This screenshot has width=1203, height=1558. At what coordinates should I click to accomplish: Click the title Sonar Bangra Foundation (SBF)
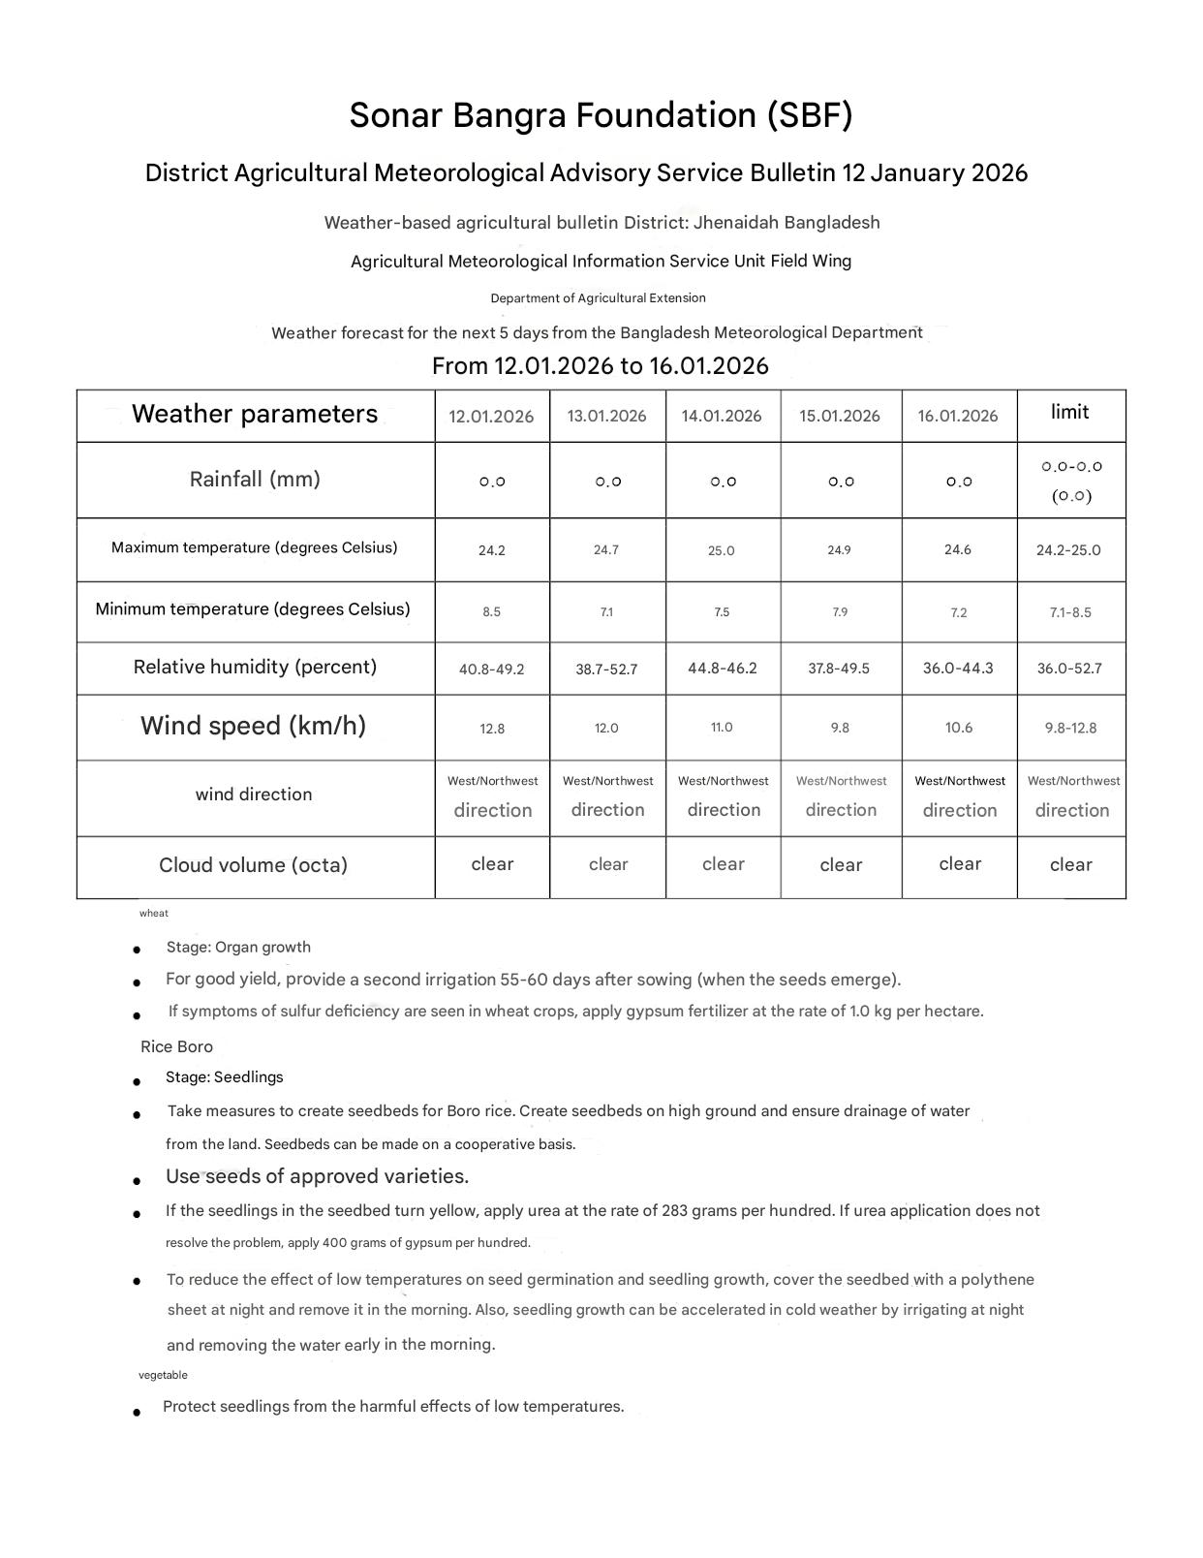(601, 115)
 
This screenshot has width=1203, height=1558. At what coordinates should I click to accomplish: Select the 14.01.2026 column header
(722, 416)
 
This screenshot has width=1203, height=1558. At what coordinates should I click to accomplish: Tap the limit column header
(1069, 412)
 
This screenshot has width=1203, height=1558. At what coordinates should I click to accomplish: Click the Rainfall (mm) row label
(255, 479)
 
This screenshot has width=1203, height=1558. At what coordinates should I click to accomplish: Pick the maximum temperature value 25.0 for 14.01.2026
(722, 550)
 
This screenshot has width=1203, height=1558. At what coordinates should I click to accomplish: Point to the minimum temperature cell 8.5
(492, 612)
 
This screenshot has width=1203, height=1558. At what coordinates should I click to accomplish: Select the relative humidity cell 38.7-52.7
(606, 669)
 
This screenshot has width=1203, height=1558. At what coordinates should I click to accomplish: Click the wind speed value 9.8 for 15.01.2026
(840, 728)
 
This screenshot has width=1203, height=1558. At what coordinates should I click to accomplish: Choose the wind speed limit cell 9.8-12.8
(1070, 728)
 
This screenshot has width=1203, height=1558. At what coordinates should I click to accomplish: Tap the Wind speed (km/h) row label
(254, 726)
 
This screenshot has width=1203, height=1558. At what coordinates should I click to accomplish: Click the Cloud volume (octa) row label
(253, 865)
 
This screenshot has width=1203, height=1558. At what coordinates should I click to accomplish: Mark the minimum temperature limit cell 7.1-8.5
(1070, 612)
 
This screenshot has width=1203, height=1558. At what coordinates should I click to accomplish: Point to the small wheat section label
(154, 913)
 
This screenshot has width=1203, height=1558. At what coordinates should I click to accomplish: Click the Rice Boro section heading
(176, 1046)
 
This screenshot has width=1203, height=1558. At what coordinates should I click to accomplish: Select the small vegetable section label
(163, 1375)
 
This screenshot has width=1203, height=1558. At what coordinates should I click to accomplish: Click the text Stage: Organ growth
(238, 947)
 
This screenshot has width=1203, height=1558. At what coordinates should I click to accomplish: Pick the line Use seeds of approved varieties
(317, 1176)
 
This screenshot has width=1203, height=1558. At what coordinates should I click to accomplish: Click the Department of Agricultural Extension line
(598, 297)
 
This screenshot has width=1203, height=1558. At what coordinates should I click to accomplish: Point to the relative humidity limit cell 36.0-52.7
(1070, 669)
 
